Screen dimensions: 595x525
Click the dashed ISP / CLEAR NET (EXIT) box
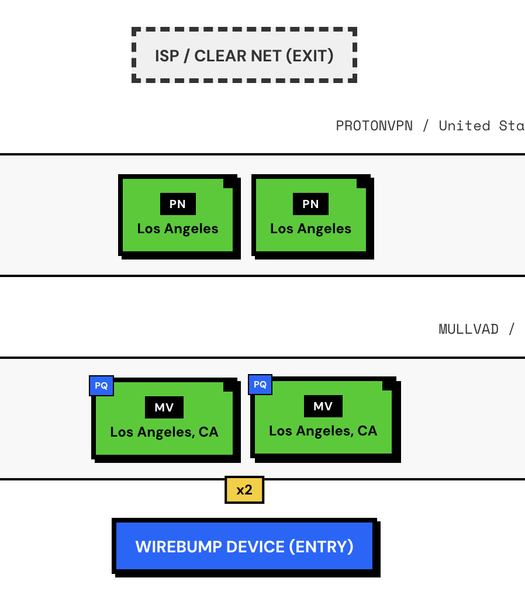click(244, 55)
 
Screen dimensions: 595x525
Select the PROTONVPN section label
click(374, 126)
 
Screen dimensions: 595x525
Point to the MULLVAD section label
click(468, 329)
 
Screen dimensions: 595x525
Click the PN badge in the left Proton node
click(178, 204)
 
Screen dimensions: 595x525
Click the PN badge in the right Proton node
click(310, 204)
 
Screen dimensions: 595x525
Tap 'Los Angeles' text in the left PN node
click(178, 229)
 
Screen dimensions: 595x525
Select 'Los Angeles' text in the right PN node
click(310, 229)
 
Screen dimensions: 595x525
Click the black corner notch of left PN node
click(229, 182)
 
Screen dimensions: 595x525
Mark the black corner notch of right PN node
click(362, 182)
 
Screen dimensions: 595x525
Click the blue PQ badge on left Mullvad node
click(101, 386)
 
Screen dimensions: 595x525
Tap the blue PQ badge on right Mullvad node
click(260, 385)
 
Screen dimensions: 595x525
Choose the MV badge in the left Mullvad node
click(164, 407)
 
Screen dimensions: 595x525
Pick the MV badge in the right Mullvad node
click(323, 406)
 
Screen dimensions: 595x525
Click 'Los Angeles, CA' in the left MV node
click(164, 432)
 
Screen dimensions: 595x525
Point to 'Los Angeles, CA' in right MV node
click(323, 431)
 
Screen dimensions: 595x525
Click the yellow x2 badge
click(244, 490)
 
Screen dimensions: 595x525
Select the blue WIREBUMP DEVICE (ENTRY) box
click(244, 546)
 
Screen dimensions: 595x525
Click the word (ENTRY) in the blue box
click(321, 546)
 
